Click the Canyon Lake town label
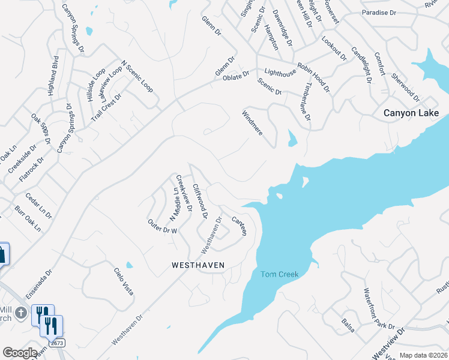(411, 113)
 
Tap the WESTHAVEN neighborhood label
(197, 264)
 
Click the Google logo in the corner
(20, 353)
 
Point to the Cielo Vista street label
(123, 280)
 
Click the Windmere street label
(252, 122)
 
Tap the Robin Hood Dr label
(314, 77)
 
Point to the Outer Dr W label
(163, 226)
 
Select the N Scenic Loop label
(137, 76)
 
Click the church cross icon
(21, 313)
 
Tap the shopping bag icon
(2, 253)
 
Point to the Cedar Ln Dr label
(38, 206)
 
